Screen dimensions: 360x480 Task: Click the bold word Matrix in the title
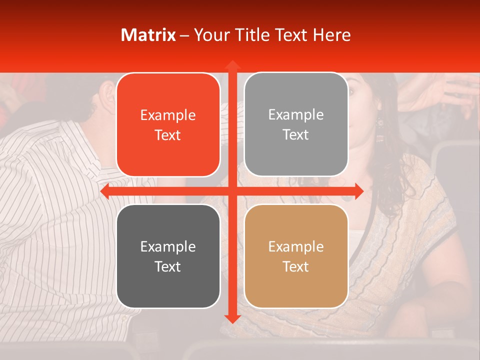coord(148,35)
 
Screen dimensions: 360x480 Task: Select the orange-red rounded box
coord(168,124)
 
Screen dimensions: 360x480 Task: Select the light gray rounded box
coord(296,124)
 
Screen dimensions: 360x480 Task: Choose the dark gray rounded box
coord(168,256)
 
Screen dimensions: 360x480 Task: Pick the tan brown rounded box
coord(296,256)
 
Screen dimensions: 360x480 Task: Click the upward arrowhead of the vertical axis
coord(232,65)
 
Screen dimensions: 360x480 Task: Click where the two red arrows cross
coord(232,191)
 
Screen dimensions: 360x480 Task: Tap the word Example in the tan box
coord(296,246)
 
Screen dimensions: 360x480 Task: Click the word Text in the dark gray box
coord(168,266)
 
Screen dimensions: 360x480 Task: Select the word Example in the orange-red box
coord(168,115)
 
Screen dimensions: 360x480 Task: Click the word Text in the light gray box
coord(296,134)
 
